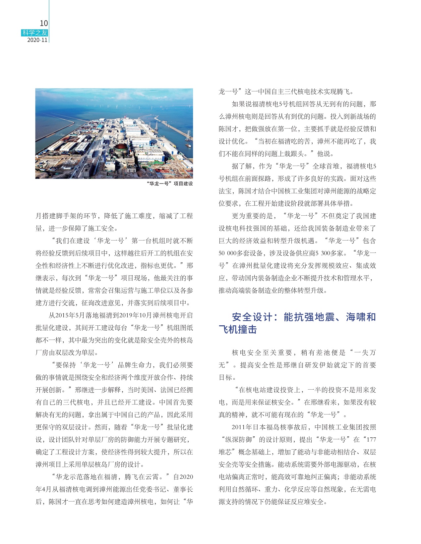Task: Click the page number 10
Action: point(44,23)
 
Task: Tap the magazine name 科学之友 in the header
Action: point(35,33)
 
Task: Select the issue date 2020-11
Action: point(37,40)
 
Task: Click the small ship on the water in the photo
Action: point(188,145)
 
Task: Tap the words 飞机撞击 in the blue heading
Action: point(238,330)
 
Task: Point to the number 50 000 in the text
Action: point(227,253)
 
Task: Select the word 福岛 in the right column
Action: point(276,427)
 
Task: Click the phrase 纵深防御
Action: point(240,440)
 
